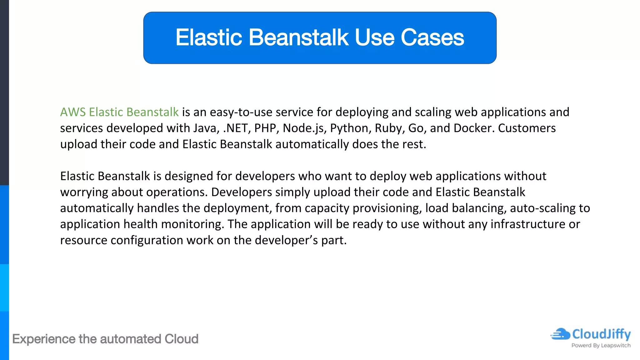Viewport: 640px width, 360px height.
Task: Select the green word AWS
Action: (x=72, y=112)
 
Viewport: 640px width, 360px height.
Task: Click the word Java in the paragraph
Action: (x=206, y=128)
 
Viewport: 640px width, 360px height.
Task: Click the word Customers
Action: (x=527, y=128)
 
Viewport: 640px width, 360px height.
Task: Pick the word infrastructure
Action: (x=528, y=224)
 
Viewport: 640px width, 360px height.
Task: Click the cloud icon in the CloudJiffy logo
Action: (x=560, y=334)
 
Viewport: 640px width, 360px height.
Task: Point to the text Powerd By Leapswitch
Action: (x=601, y=345)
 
